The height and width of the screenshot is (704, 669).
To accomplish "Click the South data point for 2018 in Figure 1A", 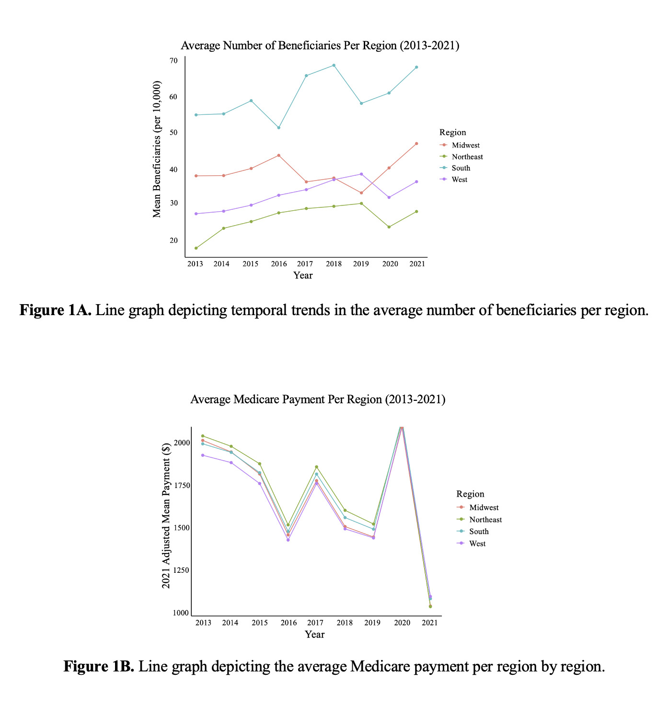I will coord(334,65).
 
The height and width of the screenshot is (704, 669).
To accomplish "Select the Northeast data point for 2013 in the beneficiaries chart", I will coord(196,248).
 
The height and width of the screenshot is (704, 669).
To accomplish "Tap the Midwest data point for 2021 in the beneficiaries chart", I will coord(416,144).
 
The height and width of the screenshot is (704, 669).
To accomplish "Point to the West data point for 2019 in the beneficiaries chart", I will coord(361,174).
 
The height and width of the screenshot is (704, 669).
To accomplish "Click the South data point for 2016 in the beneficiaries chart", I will coord(279,127).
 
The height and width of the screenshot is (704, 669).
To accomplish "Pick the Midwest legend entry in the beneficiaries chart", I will coord(465,146).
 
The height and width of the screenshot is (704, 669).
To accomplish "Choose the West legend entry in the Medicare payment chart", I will coord(477,544).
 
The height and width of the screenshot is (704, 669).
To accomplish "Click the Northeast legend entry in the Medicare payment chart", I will coord(485,520).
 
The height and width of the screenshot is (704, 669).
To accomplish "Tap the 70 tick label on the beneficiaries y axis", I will coord(173,61).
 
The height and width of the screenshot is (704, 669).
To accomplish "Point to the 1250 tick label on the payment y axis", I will coord(181,570).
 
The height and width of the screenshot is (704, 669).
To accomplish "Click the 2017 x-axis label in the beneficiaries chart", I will coord(305,264).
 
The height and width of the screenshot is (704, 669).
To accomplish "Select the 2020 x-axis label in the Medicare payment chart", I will coord(402,623).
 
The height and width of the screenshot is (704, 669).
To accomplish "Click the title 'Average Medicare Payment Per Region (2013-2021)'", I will coord(318,399).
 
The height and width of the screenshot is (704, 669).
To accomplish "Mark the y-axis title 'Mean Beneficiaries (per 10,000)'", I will coord(157,149).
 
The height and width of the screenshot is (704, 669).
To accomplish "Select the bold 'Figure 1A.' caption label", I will coord(55,310).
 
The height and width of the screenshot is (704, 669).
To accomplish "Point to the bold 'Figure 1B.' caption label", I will coord(99,666).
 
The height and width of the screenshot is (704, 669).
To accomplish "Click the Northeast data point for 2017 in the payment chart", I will coord(316,467).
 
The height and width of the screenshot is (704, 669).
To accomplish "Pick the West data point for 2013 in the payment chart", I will coord(203,455).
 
